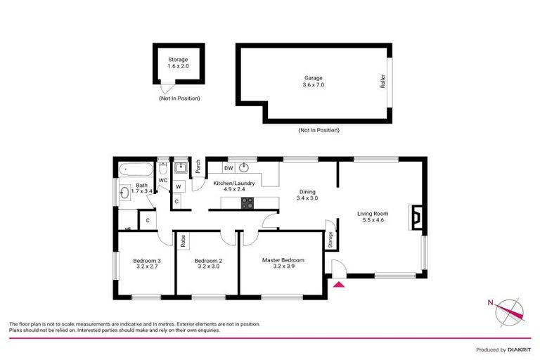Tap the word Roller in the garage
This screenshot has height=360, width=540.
point(383,81)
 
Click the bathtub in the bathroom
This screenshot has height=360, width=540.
point(133,169)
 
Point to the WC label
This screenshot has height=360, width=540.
point(162,181)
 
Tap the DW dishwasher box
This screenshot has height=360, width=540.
point(229,169)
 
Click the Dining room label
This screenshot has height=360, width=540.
point(307,194)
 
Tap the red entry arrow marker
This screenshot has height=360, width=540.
point(338,284)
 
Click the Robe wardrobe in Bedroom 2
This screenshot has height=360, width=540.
point(183,240)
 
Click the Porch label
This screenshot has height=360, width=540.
point(199,167)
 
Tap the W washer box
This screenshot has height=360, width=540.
point(179,186)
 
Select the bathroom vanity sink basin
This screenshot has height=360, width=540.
point(125,193)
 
